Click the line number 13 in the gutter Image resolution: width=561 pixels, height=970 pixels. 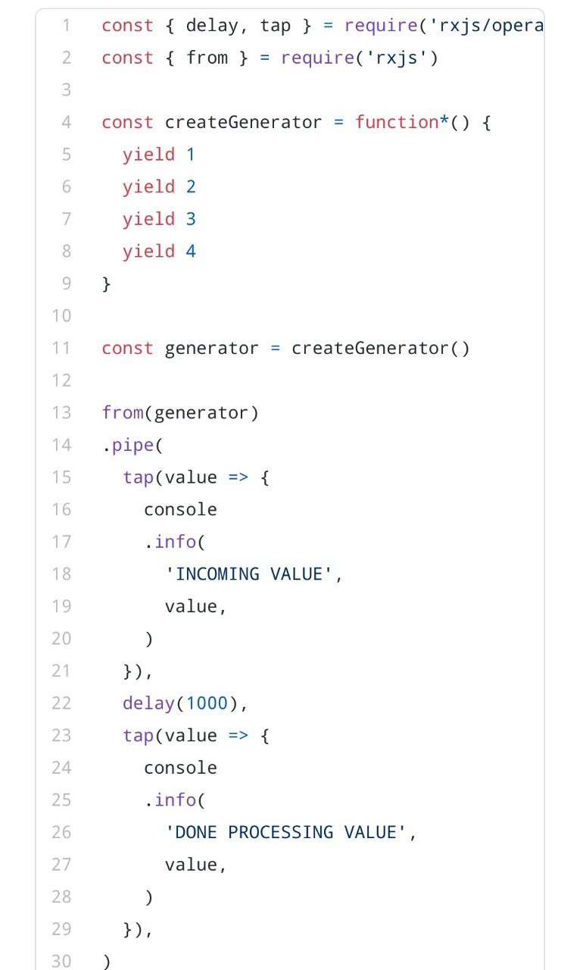tap(61, 412)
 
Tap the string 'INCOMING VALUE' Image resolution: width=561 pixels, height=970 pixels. tap(249, 574)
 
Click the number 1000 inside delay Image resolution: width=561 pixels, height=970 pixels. tap(207, 703)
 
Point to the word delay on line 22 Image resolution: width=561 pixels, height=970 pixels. tap(148, 703)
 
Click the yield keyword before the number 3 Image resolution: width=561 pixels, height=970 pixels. tap(148, 219)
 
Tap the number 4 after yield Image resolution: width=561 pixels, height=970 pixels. tap(191, 251)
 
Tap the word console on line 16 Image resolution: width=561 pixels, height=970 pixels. tap(180, 509)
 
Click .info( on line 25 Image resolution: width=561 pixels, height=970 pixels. tap(175, 799)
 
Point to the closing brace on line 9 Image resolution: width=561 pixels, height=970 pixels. tap(107, 283)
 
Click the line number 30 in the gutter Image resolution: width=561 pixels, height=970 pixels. tap(61, 961)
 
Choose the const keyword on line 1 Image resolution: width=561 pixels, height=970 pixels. tap(127, 25)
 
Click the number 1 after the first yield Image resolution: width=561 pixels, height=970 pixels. tap(191, 155)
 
